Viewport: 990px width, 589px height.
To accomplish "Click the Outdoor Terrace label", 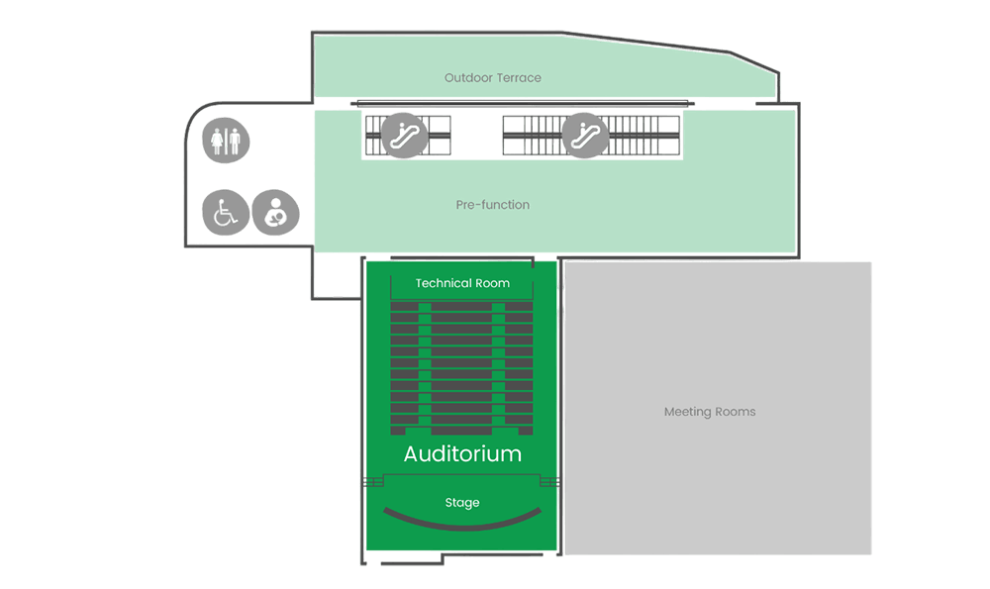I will click(492, 77).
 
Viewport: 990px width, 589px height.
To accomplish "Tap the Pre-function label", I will click(492, 205).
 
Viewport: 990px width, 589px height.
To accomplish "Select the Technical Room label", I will click(462, 283).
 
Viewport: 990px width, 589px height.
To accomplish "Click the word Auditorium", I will click(462, 454).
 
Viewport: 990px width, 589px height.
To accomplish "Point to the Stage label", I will click(462, 503).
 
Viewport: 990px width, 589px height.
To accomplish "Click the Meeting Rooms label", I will click(709, 412).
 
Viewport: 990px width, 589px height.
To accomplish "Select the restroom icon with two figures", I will click(226, 142).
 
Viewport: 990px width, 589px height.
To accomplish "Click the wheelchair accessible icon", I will click(226, 213).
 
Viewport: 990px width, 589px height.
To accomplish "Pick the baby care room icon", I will click(275, 213).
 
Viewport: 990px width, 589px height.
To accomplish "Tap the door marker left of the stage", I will click(374, 482).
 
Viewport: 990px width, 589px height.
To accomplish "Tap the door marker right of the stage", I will click(549, 482).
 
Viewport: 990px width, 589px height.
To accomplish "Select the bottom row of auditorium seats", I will click(462, 431).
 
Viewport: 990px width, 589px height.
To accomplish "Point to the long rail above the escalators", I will click(523, 103).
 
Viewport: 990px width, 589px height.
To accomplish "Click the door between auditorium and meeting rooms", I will click(560, 302).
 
